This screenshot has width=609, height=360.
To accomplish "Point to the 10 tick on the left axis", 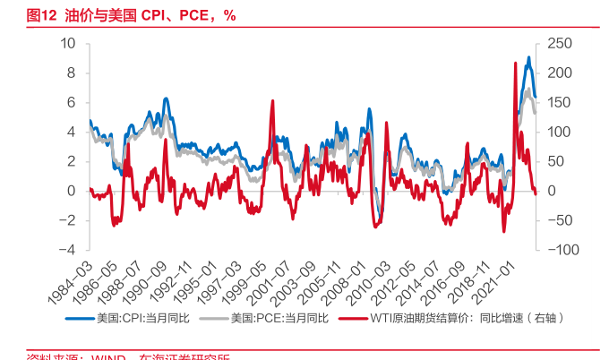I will pyautogui.click(x=68, y=43).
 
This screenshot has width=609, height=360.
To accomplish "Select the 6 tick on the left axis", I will pyautogui.click(x=72, y=102).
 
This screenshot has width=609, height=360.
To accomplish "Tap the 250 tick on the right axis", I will pyautogui.click(x=559, y=43).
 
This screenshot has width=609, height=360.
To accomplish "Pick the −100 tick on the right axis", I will pyautogui.click(x=562, y=250).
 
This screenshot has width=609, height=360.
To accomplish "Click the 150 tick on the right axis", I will pyautogui.click(x=559, y=102).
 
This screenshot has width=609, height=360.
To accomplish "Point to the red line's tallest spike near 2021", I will pyautogui.click(x=515, y=63).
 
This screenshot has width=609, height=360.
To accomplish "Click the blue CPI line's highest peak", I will pyautogui.click(x=528, y=57).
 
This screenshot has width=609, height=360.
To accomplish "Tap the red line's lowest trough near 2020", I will pyautogui.click(x=503, y=231).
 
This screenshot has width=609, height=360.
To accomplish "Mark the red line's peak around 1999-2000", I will pyautogui.click(x=271, y=100).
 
